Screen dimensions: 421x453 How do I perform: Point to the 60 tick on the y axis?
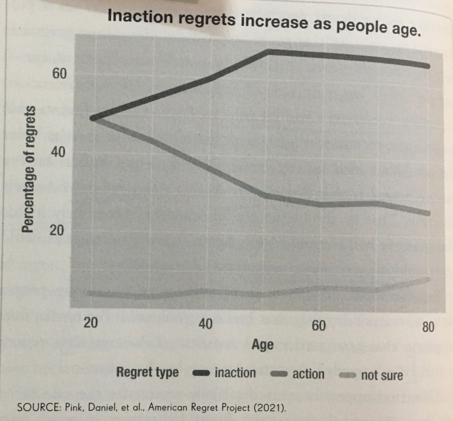coord(59,73)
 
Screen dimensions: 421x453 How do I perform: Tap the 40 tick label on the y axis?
coord(59,152)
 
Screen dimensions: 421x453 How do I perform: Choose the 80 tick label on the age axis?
coord(428,327)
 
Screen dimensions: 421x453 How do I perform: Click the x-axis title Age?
coord(262,345)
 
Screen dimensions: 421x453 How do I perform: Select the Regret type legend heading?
coord(147,372)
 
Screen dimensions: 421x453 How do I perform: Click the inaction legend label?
coord(235,373)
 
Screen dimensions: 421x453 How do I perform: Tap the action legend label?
coord(308,374)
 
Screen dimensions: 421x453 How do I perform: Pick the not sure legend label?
coord(382,375)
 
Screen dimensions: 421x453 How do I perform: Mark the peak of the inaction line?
coord(269,52)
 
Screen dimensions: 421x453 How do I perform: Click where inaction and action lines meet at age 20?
coord(92,118)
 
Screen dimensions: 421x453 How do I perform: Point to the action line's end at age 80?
coord(428,213)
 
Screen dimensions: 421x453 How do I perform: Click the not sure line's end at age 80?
coord(428,279)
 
